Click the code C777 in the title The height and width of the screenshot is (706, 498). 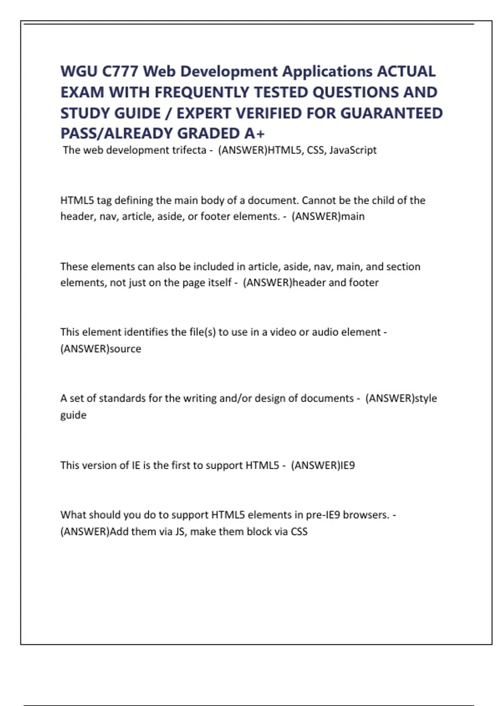pyautogui.click(x=120, y=71)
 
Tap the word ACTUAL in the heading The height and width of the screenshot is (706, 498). pyautogui.click(x=406, y=71)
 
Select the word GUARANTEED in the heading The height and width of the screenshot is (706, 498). pyautogui.click(x=391, y=113)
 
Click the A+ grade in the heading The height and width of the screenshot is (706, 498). pyautogui.click(x=254, y=133)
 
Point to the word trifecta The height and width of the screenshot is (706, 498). pyautogui.click(x=189, y=150)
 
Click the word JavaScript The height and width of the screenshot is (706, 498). pyautogui.click(x=353, y=150)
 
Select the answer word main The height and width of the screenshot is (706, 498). pyautogui.click(x=353, y=216)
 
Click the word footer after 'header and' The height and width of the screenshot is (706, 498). pyautogui.click(x=364, y=282)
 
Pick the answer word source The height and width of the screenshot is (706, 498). pyautogui.click(x=125, y=349)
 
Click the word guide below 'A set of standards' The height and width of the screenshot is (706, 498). pyautogui.click(x=73, y=415)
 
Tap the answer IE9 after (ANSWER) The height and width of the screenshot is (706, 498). pyautogui.click(x=347, y=465)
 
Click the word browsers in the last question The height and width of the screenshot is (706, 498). pyautogui.click(x=366, y=515)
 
